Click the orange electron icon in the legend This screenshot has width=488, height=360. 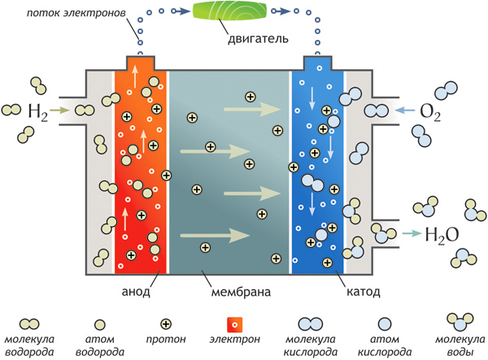pyautogui.click(x=234, y=323)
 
